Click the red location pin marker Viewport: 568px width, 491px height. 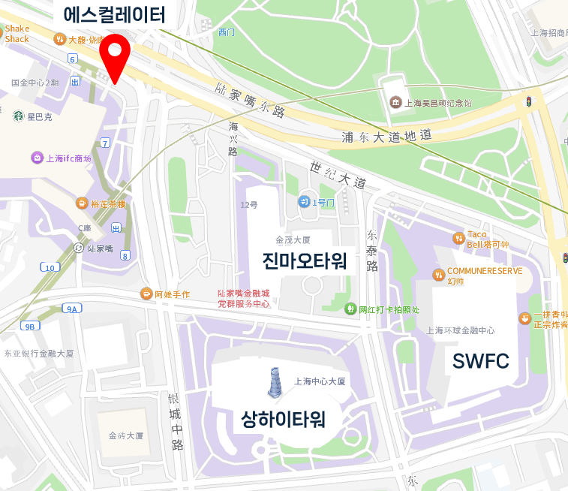[115, 54]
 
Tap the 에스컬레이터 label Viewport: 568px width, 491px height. [114, 14]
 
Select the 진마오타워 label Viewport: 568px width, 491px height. [304, 261]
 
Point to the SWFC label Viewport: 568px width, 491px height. [480, 362]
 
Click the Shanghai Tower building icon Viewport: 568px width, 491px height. [275, 383]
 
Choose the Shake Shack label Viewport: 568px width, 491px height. [17, 34]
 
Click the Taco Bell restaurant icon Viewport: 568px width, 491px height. [458, 238]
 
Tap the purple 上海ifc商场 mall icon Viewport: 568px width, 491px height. [37, 158]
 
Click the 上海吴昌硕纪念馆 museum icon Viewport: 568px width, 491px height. [395, 102]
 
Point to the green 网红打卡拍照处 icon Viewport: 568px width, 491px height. [350, 309]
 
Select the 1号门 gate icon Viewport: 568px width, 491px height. [304, 201]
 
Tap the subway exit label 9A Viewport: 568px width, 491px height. [72, 309]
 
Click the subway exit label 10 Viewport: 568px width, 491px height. [50, 267]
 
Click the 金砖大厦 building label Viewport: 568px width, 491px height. [125, 435]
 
